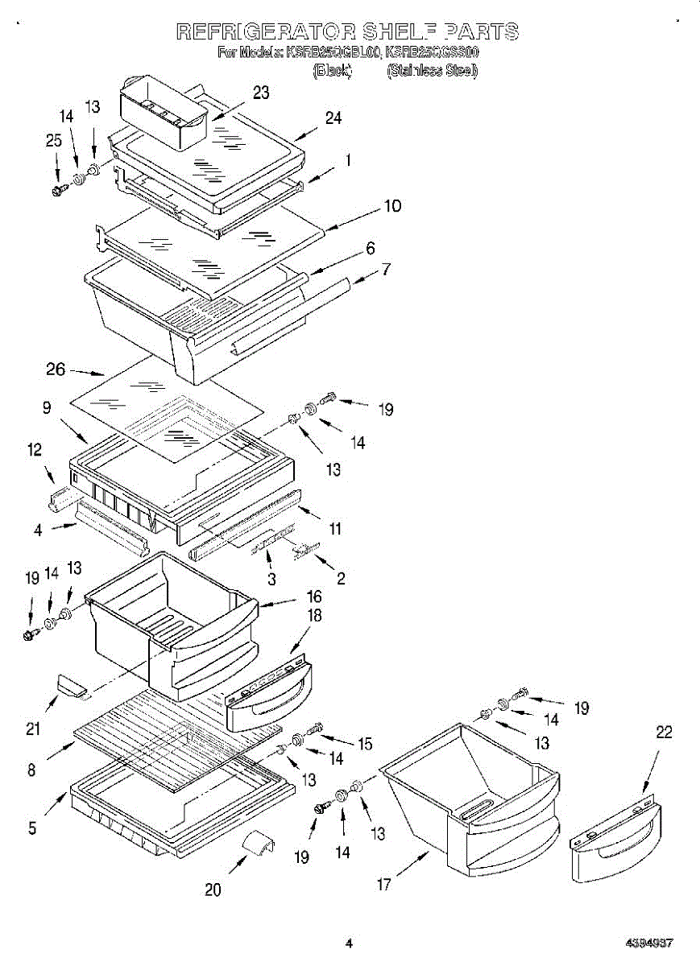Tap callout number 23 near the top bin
tap(261, 93)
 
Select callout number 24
tap(333, 118)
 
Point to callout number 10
tap(391, 206)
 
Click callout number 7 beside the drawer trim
tap(387, 269)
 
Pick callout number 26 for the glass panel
tap(55, 370)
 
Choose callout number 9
tap(48, 408)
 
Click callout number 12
tap(35, 451)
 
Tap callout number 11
tap(335, 529)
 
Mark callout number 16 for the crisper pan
tap(313, 597)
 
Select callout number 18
tap(313, 616)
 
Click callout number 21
tap(33, 729)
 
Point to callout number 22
tap(664, 732)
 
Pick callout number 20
tap(213, 890)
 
